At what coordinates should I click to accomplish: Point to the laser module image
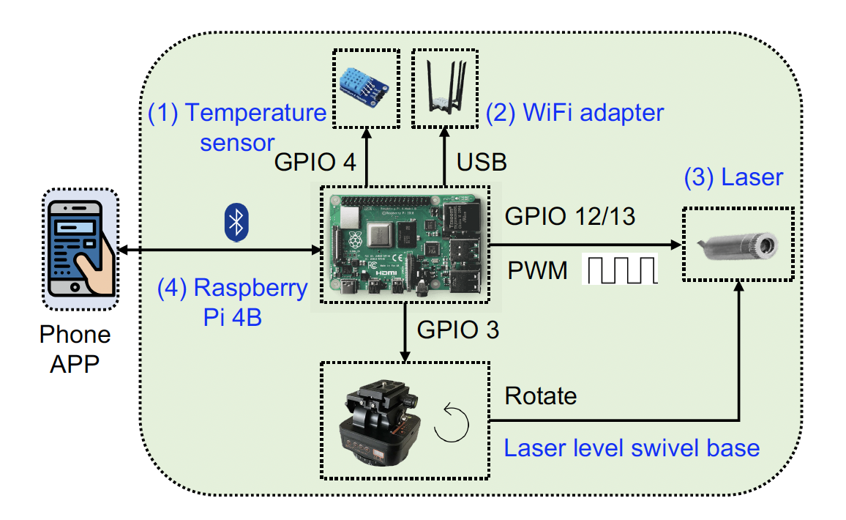737,244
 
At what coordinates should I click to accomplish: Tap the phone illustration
80,248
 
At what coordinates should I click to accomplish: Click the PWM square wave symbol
620,270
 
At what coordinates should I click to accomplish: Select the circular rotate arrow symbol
449,427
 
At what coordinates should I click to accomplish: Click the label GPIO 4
315,162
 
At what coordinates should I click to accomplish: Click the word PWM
538,271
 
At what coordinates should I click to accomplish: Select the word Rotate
541,396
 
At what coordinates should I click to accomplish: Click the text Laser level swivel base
632,447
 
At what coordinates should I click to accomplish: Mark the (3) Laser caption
733,177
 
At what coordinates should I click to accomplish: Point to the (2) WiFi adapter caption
575,113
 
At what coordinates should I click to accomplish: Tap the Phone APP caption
75,349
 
